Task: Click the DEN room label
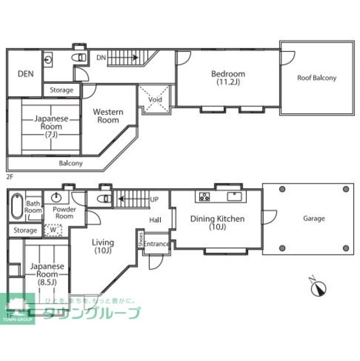(x=25, y=73)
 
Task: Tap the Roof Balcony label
(x=317, y=78)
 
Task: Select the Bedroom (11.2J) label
(x=228, y=78)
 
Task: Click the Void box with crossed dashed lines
(x=155, y=100)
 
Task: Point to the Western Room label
(x=108, y=115)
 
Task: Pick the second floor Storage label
(x=61, y=90)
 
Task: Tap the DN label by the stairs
(x=101, y=57)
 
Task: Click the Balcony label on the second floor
(x=71, y=163)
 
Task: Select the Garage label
(x=313, y=218)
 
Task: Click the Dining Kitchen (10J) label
(x=217, y=222)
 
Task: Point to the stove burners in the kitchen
(x=203, y=197)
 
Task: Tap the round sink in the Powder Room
(x=56, y=198)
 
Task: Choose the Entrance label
(x=156, y=244)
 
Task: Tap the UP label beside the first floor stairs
(x=154, y=199)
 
